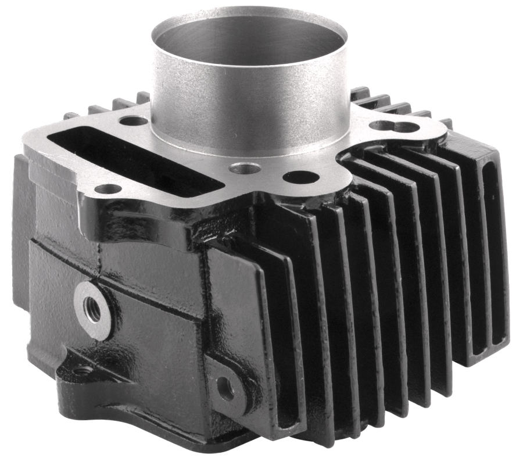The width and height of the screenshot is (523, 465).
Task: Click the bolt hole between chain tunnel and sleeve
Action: point(133,121)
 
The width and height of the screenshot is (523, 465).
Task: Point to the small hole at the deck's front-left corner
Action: point(108,188)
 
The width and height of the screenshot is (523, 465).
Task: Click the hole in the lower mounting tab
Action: point(225,388)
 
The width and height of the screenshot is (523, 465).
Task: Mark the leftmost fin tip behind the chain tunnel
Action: point(71,115)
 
